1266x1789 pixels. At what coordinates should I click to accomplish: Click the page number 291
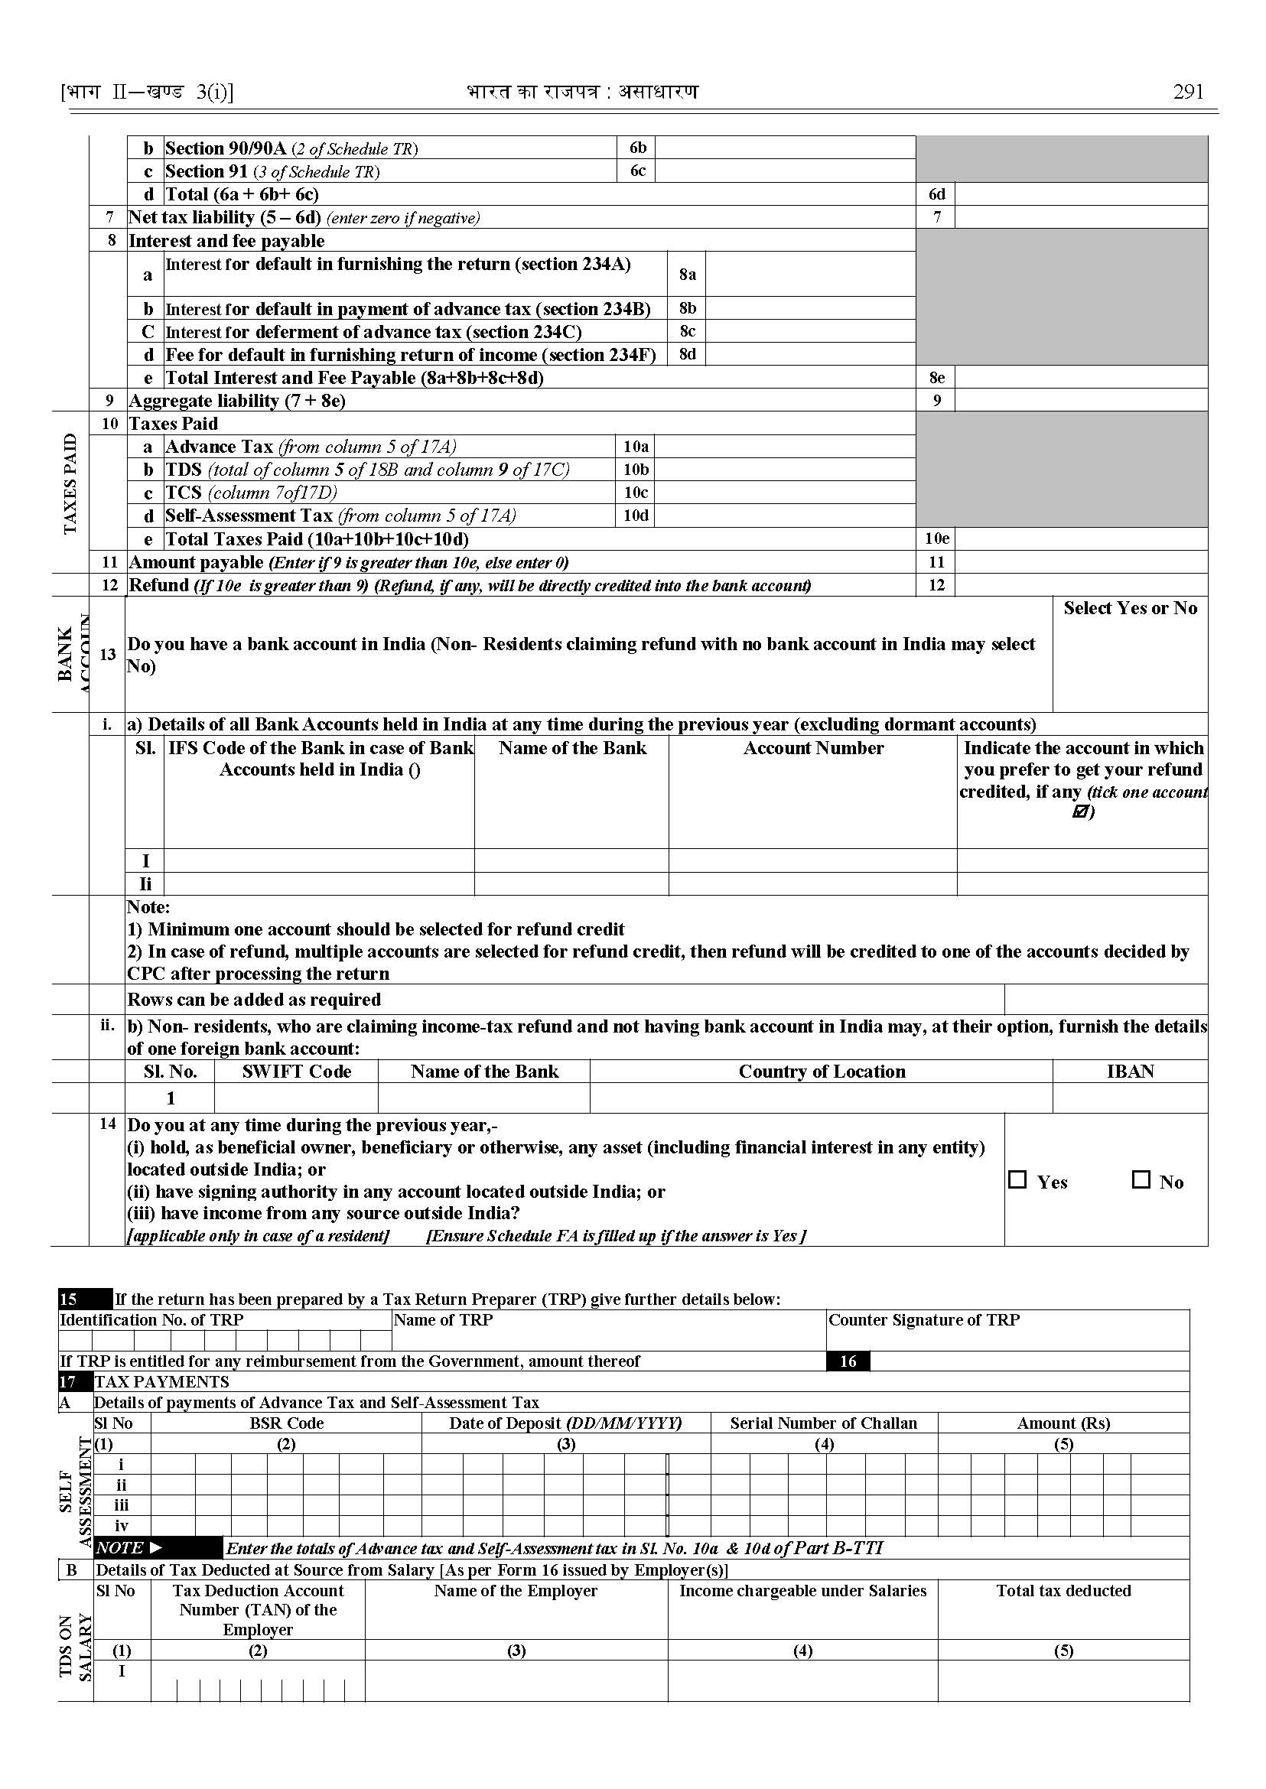pos(1187,92)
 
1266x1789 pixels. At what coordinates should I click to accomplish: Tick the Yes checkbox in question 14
pos(1017,1179)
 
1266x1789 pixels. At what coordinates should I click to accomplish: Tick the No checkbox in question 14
pos(1141,1179)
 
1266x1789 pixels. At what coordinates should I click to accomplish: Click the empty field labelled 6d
pos(1080,194)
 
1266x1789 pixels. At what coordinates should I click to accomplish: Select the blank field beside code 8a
pos(810,274)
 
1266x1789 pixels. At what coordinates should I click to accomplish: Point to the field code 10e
pos(936,538)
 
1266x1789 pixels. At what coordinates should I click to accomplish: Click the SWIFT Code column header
pos(296,1071)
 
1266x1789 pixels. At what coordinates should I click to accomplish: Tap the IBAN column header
pos(1130,1071)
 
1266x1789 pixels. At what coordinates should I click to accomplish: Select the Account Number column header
pos(813,748)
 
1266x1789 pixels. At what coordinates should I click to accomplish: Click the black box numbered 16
pos(848,1361)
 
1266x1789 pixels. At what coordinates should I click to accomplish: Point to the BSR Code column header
pos(286,1423)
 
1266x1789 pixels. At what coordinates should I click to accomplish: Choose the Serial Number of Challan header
pos(823,1423)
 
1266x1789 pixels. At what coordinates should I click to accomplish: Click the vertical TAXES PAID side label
pos(70,483)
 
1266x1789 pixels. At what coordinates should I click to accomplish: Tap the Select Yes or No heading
pos(1130,608)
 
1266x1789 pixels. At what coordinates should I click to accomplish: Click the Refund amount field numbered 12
pos(1080,585)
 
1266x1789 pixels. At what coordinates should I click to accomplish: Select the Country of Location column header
pos(822,1071)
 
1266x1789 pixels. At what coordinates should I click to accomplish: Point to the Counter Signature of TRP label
pos(924,1319)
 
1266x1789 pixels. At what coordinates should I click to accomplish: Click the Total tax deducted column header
pos(1063,1590)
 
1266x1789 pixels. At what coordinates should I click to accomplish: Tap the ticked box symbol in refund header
pos(1079,812)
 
